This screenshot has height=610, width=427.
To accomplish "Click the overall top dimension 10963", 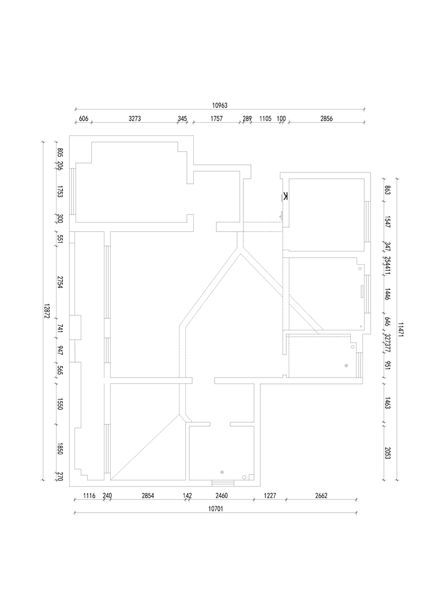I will [220, 105].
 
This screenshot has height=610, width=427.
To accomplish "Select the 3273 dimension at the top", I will [134, 118].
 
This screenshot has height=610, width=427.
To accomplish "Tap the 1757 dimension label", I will [216, 118].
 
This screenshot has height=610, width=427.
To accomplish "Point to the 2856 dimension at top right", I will [326, 118].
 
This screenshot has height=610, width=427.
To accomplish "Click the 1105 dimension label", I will [265, 118].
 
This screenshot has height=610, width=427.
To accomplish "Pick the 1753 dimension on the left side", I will [59, 193].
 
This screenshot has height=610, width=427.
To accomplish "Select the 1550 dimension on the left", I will [59, 404].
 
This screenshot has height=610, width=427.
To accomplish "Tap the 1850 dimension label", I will [59, 449].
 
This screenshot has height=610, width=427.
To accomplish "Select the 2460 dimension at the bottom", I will [222, 495].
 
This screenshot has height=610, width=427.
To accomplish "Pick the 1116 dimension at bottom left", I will [89, 495].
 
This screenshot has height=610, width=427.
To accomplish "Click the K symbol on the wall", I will [286, 196].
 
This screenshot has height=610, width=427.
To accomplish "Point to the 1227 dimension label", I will [270, 495].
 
